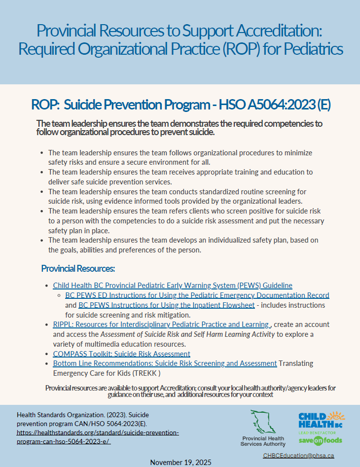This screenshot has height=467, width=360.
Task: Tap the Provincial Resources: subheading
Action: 78,269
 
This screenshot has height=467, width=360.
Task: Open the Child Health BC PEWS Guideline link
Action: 173,285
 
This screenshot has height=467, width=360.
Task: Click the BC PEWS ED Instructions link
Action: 197,295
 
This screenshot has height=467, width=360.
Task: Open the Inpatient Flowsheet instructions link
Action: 167,305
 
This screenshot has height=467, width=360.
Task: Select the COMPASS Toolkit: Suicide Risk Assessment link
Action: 121,354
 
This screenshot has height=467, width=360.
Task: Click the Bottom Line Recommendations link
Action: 165,363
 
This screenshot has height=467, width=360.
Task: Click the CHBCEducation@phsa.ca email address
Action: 298,456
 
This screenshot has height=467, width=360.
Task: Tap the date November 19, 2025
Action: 180,462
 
